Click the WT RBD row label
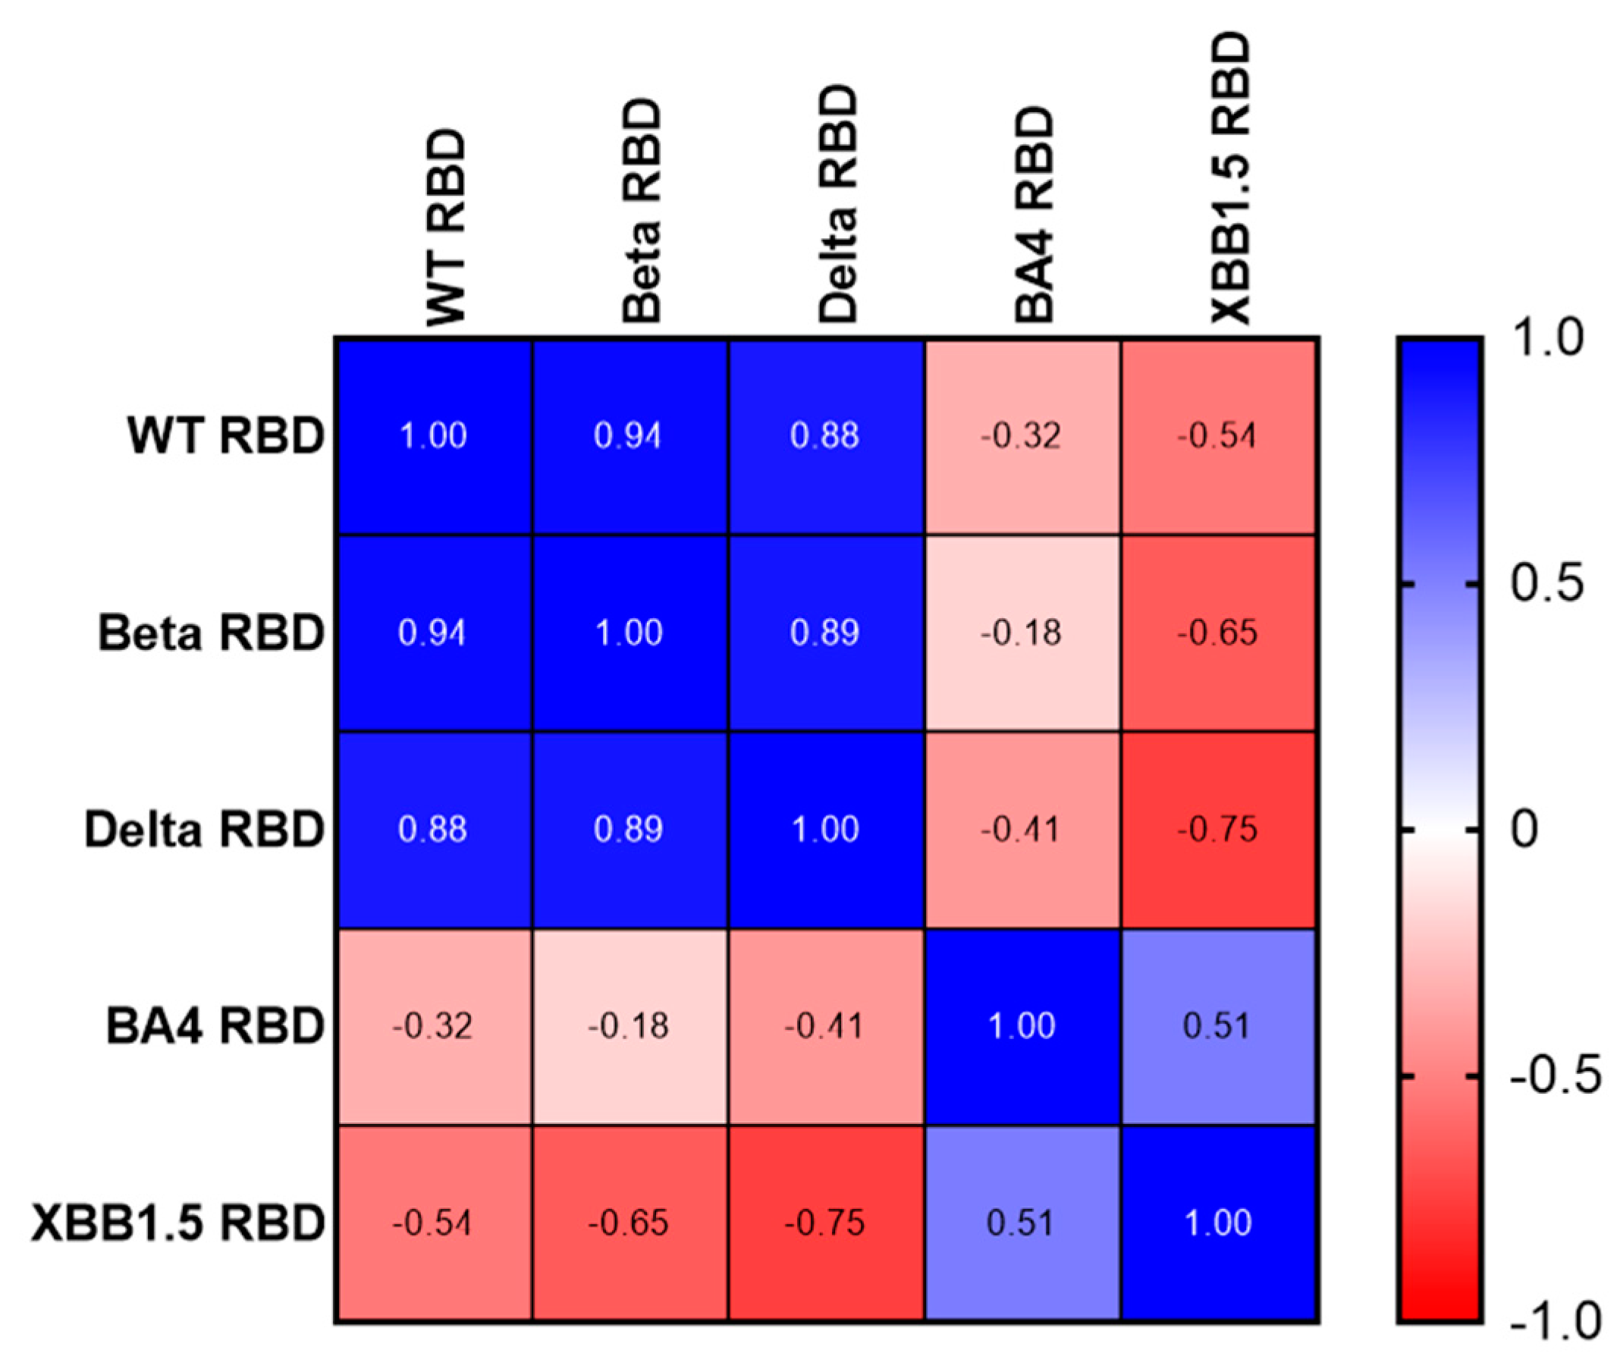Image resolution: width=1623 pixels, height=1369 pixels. pos(225,435)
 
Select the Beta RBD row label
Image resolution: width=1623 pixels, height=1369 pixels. pos(210,633)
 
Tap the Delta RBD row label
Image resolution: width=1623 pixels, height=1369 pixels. pos(203,829)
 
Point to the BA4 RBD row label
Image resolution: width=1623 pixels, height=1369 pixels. pos(214,1025)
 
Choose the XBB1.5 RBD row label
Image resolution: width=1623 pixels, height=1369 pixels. pos(177,1223)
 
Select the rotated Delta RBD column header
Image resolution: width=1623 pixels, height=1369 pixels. pos(838,206)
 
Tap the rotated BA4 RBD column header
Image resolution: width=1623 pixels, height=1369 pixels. pos(1034,215)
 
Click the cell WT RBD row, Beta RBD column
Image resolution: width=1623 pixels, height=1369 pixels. pos(629,435)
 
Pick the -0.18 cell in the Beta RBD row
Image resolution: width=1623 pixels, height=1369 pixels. pos(1022,633)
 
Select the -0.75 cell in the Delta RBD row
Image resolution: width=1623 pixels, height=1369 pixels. pos(1218,829)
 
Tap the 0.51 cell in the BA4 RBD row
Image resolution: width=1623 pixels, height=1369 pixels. pos(1218,1025)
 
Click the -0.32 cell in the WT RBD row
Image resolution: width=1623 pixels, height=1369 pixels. pos(1022,435)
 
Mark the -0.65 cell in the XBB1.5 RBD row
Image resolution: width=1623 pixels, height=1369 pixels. pos(629,1223)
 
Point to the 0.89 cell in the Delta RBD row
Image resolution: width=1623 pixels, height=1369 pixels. pos(629,829)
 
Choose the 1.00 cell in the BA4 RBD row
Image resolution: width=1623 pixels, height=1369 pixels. pos(1022,1025)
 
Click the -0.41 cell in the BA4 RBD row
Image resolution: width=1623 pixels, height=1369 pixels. pos(825,1025)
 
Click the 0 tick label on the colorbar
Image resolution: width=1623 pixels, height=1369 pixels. pos(1524,829)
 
